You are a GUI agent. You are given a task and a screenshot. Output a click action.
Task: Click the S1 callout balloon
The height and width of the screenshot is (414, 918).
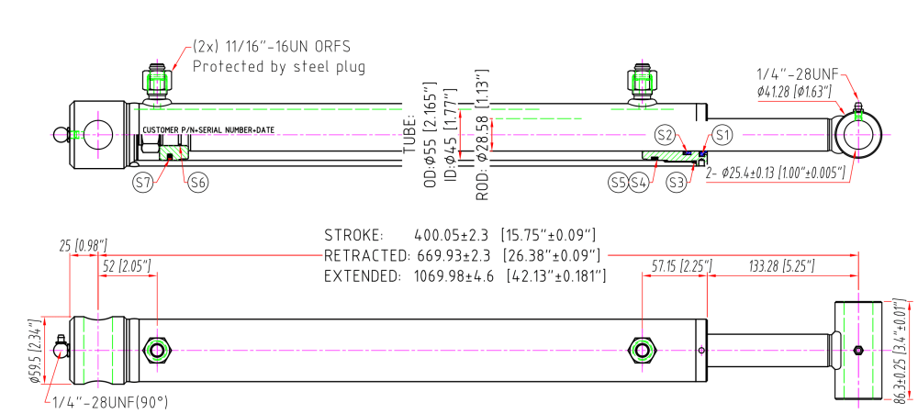click(x=723, y=135)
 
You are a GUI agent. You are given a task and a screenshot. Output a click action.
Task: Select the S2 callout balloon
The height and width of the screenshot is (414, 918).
click(x=666, y=135)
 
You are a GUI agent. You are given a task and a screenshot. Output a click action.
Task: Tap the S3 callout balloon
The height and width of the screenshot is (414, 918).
click(x=677, y=183)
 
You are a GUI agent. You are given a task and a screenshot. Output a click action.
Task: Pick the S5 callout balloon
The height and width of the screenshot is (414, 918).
click(x=618, y=183)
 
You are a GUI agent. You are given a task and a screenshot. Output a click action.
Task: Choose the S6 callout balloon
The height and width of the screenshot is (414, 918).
click(x=198, y=183)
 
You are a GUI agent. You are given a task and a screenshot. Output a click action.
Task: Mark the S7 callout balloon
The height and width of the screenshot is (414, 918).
click(x=143, y=183)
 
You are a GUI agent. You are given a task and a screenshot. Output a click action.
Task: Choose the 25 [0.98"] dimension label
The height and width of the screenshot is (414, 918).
click(x=83, y=245)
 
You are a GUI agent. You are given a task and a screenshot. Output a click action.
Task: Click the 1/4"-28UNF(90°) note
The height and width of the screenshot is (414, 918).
click(x=110, y=401)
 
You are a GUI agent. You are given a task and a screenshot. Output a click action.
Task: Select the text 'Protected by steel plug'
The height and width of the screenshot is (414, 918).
click(x=278, y=66)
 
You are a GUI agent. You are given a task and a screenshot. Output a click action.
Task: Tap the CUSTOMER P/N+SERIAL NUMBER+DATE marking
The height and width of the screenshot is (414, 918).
click(x=207, y=130)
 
